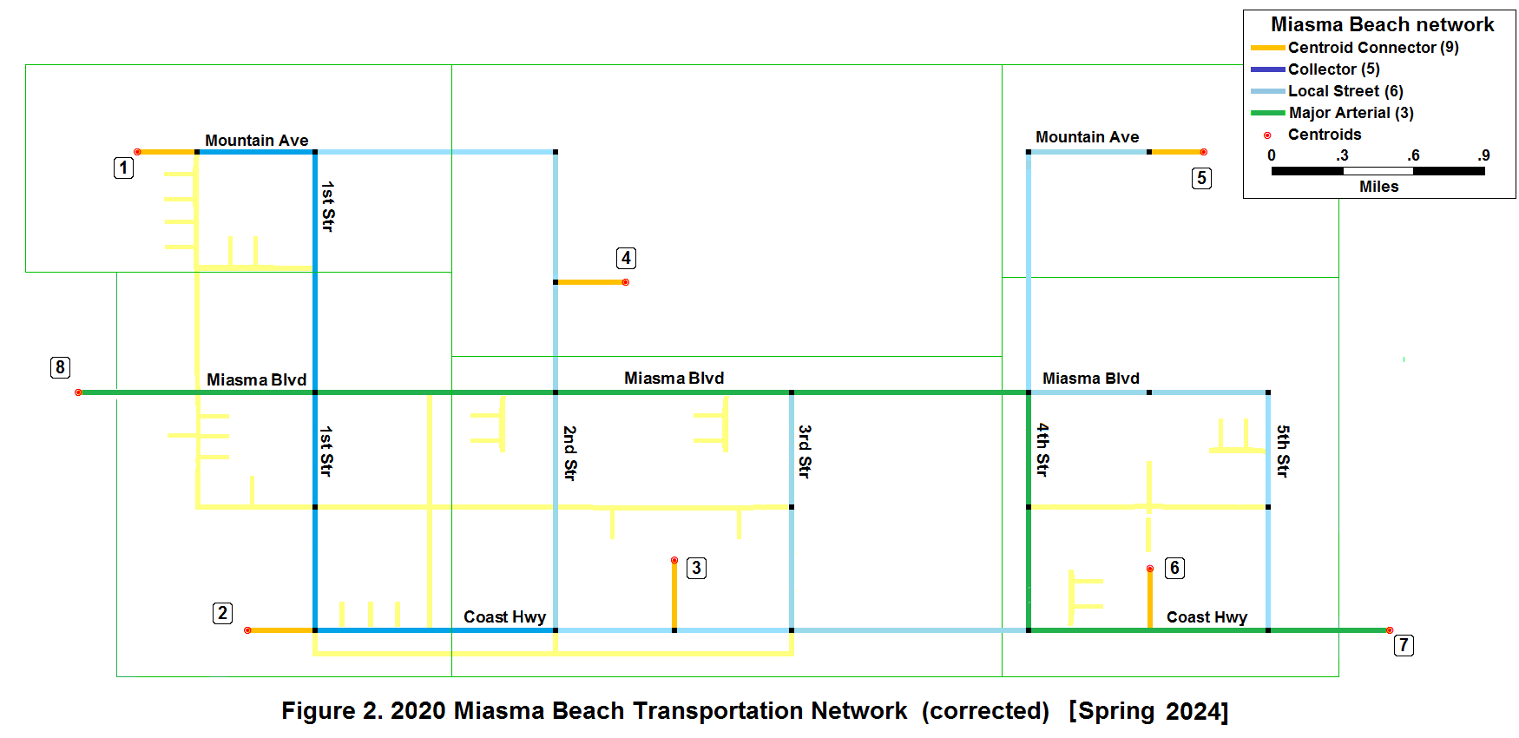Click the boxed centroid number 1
124,168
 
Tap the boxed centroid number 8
60,367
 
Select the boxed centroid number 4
626,258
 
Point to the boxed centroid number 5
1201,178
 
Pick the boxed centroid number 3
696,568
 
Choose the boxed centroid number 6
1174,568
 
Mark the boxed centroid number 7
1404,645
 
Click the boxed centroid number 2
222,613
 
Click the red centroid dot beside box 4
626,282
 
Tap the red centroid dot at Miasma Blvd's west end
78,392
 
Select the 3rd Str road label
805,451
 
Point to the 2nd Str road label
569,452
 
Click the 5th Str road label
1283,451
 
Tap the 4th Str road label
1042,450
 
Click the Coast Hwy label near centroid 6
1207,617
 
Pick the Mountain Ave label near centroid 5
1087,137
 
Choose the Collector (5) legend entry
1333,69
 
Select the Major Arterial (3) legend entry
1351,113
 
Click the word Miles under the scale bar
1378,187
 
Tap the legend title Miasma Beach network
1382,24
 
